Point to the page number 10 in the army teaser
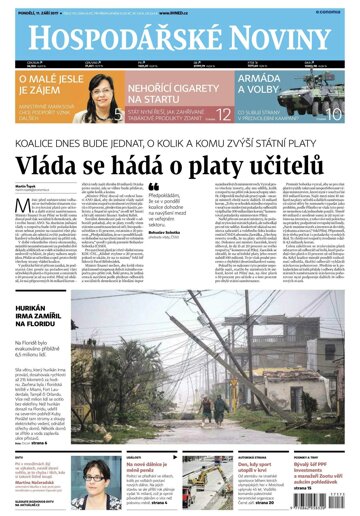coord(336,114)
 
